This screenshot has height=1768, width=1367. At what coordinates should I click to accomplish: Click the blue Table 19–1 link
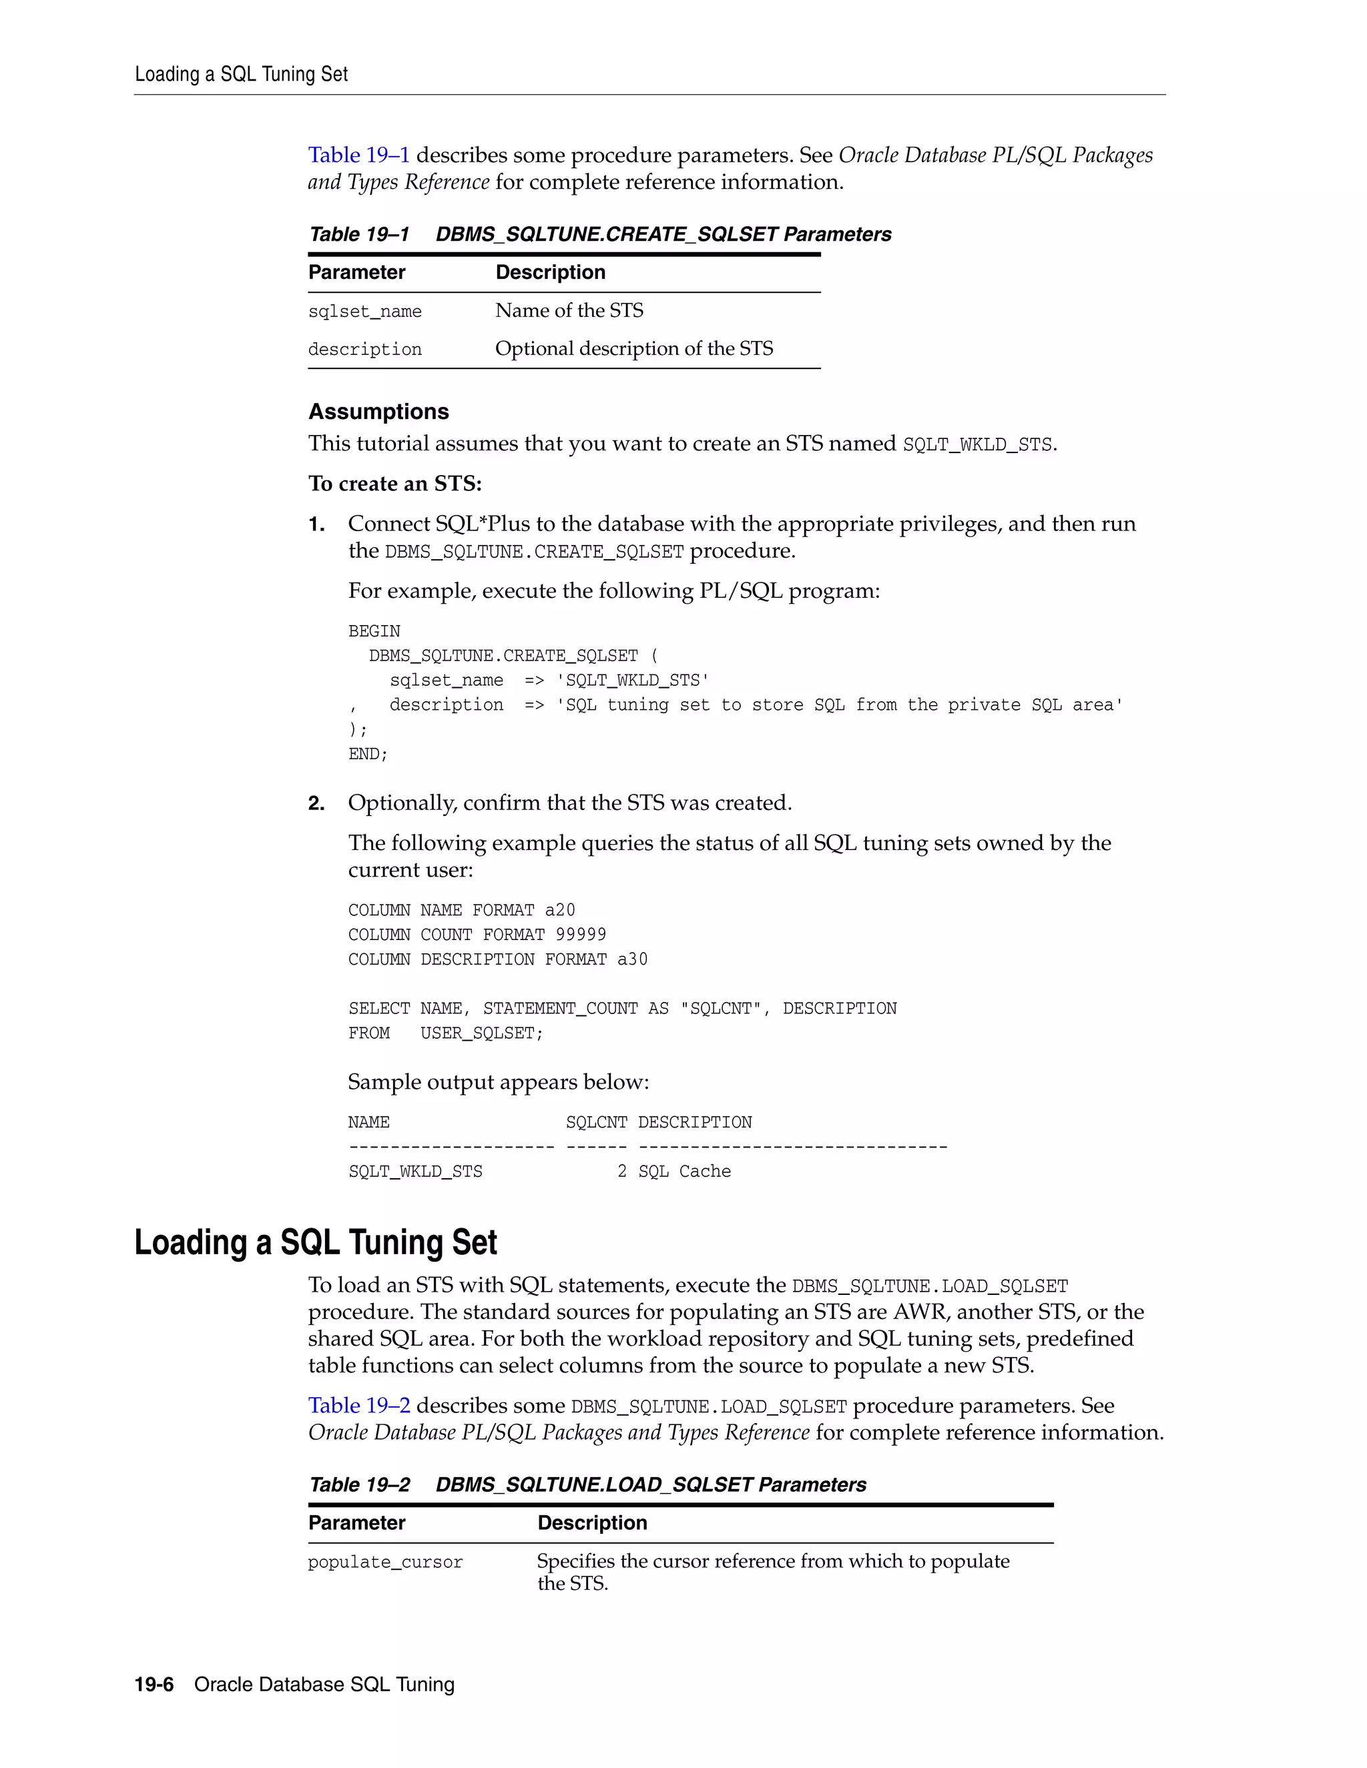[358, 155]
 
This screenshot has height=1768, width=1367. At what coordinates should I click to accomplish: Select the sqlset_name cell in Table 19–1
[364, 312]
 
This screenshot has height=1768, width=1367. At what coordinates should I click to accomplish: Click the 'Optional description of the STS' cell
[634, 349]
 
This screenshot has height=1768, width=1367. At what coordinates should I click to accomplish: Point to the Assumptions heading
[378, 412]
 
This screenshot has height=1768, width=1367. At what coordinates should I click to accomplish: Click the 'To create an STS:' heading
[395, 484]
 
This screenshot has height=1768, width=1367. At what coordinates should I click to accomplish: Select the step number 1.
[316, 524]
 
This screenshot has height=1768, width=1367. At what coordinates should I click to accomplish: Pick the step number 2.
[316, 804]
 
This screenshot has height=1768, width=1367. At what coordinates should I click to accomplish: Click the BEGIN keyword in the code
[374, 631]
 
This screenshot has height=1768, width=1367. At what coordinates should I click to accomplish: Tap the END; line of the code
[368, 755]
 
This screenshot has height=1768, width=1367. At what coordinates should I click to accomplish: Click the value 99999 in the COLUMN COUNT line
[581, 935]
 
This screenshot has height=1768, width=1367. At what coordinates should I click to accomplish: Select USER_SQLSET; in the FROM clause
[482, 1033]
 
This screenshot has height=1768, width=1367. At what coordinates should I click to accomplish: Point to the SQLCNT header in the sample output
[596, 1123]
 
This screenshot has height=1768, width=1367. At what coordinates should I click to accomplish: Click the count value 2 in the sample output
[622, 1172]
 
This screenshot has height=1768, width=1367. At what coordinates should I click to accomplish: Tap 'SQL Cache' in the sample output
[684, 1172]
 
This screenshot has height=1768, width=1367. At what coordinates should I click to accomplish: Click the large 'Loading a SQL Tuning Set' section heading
[316, 1243]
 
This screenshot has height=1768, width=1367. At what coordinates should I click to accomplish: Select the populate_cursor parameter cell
[386, 1563]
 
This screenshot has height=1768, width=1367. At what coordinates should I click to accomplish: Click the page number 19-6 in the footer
[154, 1685]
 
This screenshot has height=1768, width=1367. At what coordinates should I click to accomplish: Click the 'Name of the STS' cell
[569, 311]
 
